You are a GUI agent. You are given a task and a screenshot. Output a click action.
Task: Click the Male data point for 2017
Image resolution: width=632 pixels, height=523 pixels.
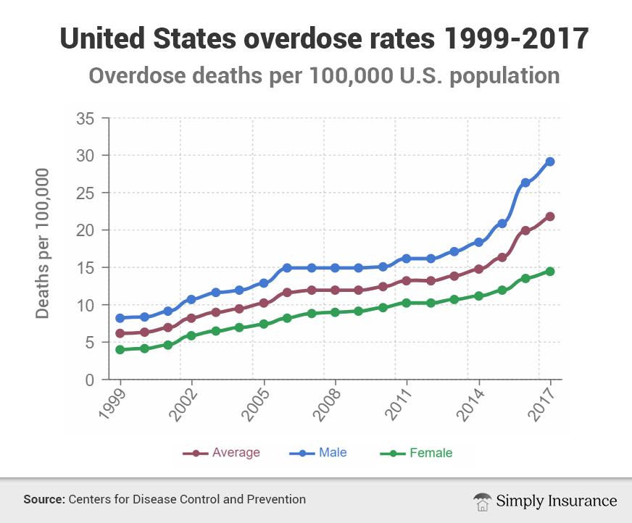pos(550,162)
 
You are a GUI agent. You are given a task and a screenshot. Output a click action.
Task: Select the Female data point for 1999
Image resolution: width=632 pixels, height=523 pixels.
pos(120,350)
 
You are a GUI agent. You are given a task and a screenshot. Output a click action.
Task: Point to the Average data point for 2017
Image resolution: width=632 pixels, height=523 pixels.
pos(550,217)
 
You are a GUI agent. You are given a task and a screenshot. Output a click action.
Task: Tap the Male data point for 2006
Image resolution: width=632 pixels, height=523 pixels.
pos(287,268)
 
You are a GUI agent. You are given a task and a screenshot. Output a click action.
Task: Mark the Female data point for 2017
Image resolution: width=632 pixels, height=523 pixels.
pos(550,271)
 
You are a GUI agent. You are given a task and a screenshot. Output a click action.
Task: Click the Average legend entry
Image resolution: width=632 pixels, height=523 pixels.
pos(221,453)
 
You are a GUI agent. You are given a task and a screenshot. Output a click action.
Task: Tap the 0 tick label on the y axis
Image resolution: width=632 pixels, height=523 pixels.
pos(91,380)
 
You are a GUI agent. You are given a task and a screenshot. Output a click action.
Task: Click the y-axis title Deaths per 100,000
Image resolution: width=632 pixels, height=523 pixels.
pos(43,243)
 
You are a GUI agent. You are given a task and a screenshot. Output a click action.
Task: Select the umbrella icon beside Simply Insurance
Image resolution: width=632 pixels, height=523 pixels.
pos(481,501)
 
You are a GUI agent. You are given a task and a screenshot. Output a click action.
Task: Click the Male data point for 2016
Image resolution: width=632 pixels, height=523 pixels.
pos(526,183)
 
